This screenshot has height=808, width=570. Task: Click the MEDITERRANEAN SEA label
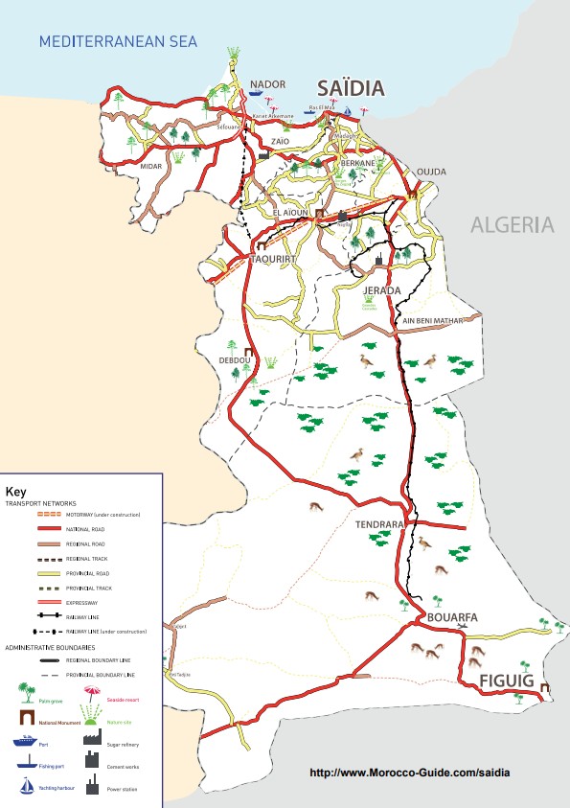coord(117,41)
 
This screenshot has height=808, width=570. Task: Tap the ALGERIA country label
coord(512,225)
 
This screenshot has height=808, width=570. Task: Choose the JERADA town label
coord(380,289)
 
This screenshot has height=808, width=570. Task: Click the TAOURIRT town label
coord(275,259)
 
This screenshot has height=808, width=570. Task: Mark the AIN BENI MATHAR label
coord(432,320)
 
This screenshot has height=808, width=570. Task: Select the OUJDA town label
coord(431,172)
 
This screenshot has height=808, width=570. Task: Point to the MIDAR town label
coord(151,166)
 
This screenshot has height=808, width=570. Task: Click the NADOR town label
coord(267,84)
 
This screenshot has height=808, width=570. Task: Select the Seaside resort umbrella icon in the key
coord(93,689)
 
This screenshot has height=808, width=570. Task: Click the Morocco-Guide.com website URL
coord(409,773)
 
